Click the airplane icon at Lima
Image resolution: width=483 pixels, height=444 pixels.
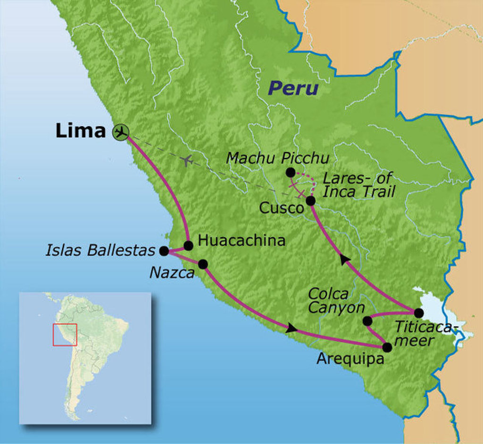[121, 133]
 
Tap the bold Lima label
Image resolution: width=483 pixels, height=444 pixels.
[80, 131]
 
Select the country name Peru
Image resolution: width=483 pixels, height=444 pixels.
[293, 88]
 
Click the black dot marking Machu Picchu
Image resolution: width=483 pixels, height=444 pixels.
[291, 173]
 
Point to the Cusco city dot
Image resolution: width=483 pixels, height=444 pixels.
[310, 201]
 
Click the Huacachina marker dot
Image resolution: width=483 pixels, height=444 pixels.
[188, 245]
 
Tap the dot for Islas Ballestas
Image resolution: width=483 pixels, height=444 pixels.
[164, 251]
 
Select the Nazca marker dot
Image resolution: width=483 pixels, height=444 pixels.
[203, 264]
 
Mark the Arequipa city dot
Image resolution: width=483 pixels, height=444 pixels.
[387, 347]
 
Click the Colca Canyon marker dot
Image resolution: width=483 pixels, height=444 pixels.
[367, 321]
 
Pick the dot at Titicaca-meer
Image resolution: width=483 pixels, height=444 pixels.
[418, 312]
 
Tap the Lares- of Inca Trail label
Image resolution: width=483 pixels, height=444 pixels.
[358, 185]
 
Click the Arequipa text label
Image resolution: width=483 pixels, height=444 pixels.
[350, 359]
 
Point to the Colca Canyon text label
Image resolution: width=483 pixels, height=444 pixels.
[336, 301]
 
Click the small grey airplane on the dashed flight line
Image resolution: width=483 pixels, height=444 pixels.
[187, 160]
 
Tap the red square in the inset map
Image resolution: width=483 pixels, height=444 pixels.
[65, 335]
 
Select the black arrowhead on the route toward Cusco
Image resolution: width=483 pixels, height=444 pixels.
[345, 259]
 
